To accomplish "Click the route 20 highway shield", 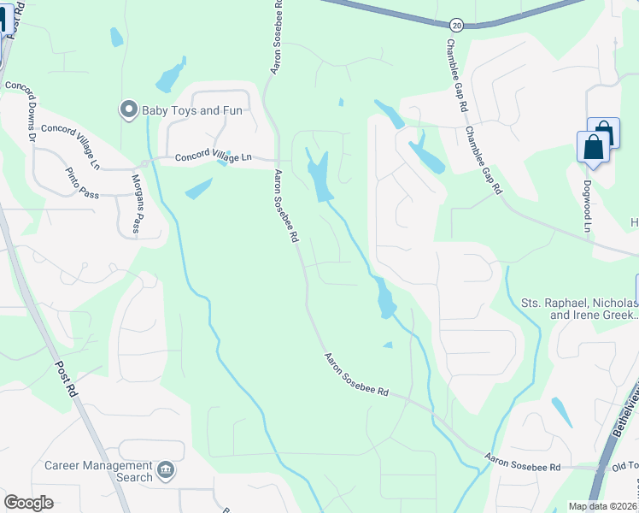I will point(458,27).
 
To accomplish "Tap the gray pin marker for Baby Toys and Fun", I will point(128,109).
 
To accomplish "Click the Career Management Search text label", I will point(98,472).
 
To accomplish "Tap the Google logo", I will point(29,503).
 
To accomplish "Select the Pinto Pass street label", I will point(83,183).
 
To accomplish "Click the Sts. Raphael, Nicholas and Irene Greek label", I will point(579,309).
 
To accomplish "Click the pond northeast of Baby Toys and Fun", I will point(170,76).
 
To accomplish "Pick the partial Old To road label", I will point(625,468).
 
